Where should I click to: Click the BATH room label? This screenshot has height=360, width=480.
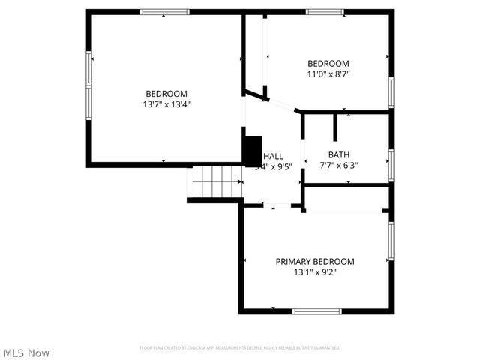(339, 155)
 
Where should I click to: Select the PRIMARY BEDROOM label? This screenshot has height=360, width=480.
(315, 261)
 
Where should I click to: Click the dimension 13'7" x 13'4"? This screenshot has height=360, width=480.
(166, 104)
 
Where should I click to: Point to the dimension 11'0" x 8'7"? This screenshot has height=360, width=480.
(328, 74)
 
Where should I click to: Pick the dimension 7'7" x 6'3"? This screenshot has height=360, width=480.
(339, 166)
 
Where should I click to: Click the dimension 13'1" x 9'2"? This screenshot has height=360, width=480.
(315, 272)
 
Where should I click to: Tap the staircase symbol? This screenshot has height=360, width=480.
(214, 182)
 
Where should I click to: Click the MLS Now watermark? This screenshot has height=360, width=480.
(26, 352)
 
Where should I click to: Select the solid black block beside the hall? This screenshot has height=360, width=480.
(251, 150)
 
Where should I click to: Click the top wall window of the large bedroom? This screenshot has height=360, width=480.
(165, 12)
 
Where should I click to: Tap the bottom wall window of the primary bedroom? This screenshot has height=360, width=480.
(316, 310)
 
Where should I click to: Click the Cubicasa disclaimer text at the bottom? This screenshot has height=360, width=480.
(240, 347)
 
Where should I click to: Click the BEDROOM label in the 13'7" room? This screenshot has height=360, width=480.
(166, 94)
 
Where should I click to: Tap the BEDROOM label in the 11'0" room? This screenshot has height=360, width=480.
(328, 64)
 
